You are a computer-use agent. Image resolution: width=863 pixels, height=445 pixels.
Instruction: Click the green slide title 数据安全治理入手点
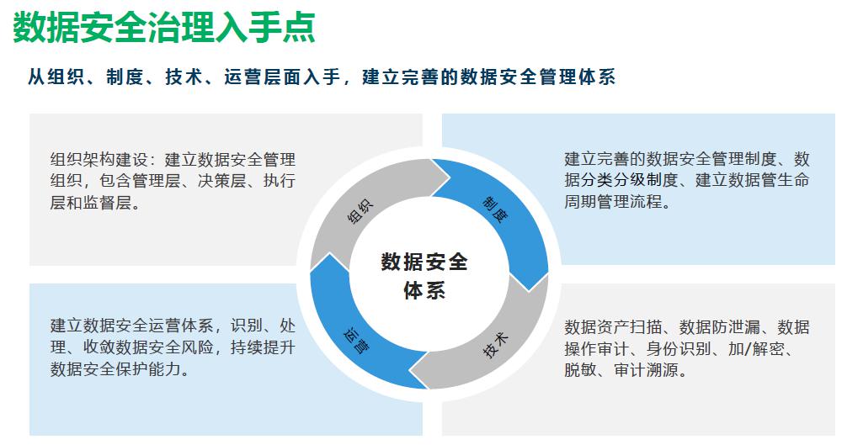pos(165,28)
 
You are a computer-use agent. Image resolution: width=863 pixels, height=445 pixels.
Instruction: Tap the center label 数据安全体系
pos(424,275)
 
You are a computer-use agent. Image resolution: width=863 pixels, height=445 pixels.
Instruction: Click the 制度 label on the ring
pos(494,209)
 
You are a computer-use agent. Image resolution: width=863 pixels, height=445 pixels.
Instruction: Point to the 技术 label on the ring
pos(496,346)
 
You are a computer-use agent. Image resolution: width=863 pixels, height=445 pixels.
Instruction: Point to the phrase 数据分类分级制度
pos(620,181)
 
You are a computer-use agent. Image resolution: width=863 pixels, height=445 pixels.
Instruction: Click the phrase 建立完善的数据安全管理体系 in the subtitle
pos(489,77)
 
